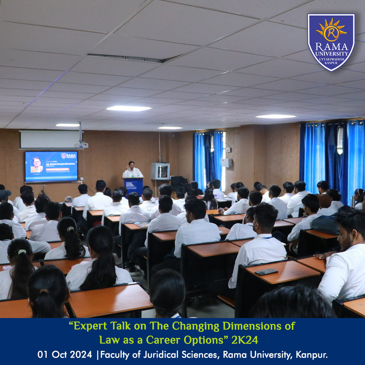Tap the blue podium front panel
point(134,186)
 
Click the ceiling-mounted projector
point(81,145)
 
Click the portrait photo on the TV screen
point(36,165)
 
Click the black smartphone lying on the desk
point(266,272)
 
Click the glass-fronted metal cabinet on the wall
point(160,171)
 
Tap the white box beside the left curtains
point(227,163)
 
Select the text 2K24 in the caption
point(245,340)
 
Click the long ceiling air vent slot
point(130,58)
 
